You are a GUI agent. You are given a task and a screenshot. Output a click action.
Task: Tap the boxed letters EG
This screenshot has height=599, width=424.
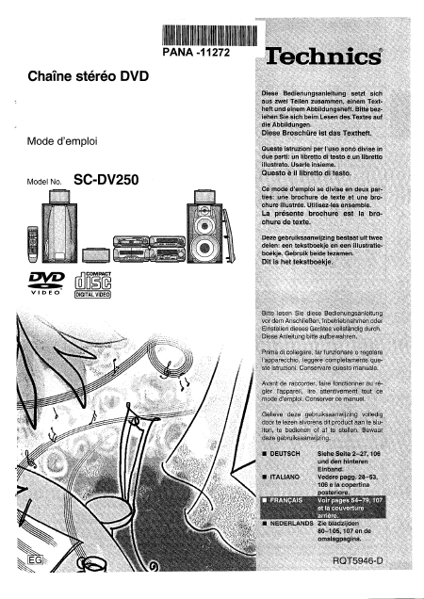point(22,564)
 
